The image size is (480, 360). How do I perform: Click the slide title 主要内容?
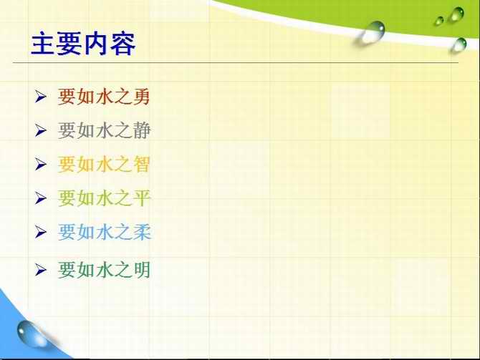coord(83,43)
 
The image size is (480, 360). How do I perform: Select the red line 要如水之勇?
coord(104,97)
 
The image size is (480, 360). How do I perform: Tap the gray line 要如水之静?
coord(104,130)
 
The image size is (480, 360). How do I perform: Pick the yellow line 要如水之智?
coord(104,164)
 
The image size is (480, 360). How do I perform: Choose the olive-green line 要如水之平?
coord(104,198)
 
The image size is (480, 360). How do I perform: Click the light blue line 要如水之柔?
coord(105,232)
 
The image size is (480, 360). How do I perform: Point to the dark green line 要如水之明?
coord(104,270)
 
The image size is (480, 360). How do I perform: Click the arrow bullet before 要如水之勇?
coord(40,97)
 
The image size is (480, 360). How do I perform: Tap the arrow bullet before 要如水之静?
coord(40,130)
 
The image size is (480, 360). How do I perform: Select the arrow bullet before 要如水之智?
coord(40,164)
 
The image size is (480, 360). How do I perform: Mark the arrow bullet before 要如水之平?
coord(40,198)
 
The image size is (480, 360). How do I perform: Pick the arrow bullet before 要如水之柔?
coord(40,232)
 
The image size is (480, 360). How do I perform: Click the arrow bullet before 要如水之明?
coord(40,270)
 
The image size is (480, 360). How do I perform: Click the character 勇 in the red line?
coord(141,97)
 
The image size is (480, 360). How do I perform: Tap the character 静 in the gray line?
coord(142,130)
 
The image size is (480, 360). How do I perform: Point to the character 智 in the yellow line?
coord(141,164)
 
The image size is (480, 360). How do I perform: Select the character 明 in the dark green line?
coord(141,270)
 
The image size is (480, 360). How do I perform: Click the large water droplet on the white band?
coord(371,32)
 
